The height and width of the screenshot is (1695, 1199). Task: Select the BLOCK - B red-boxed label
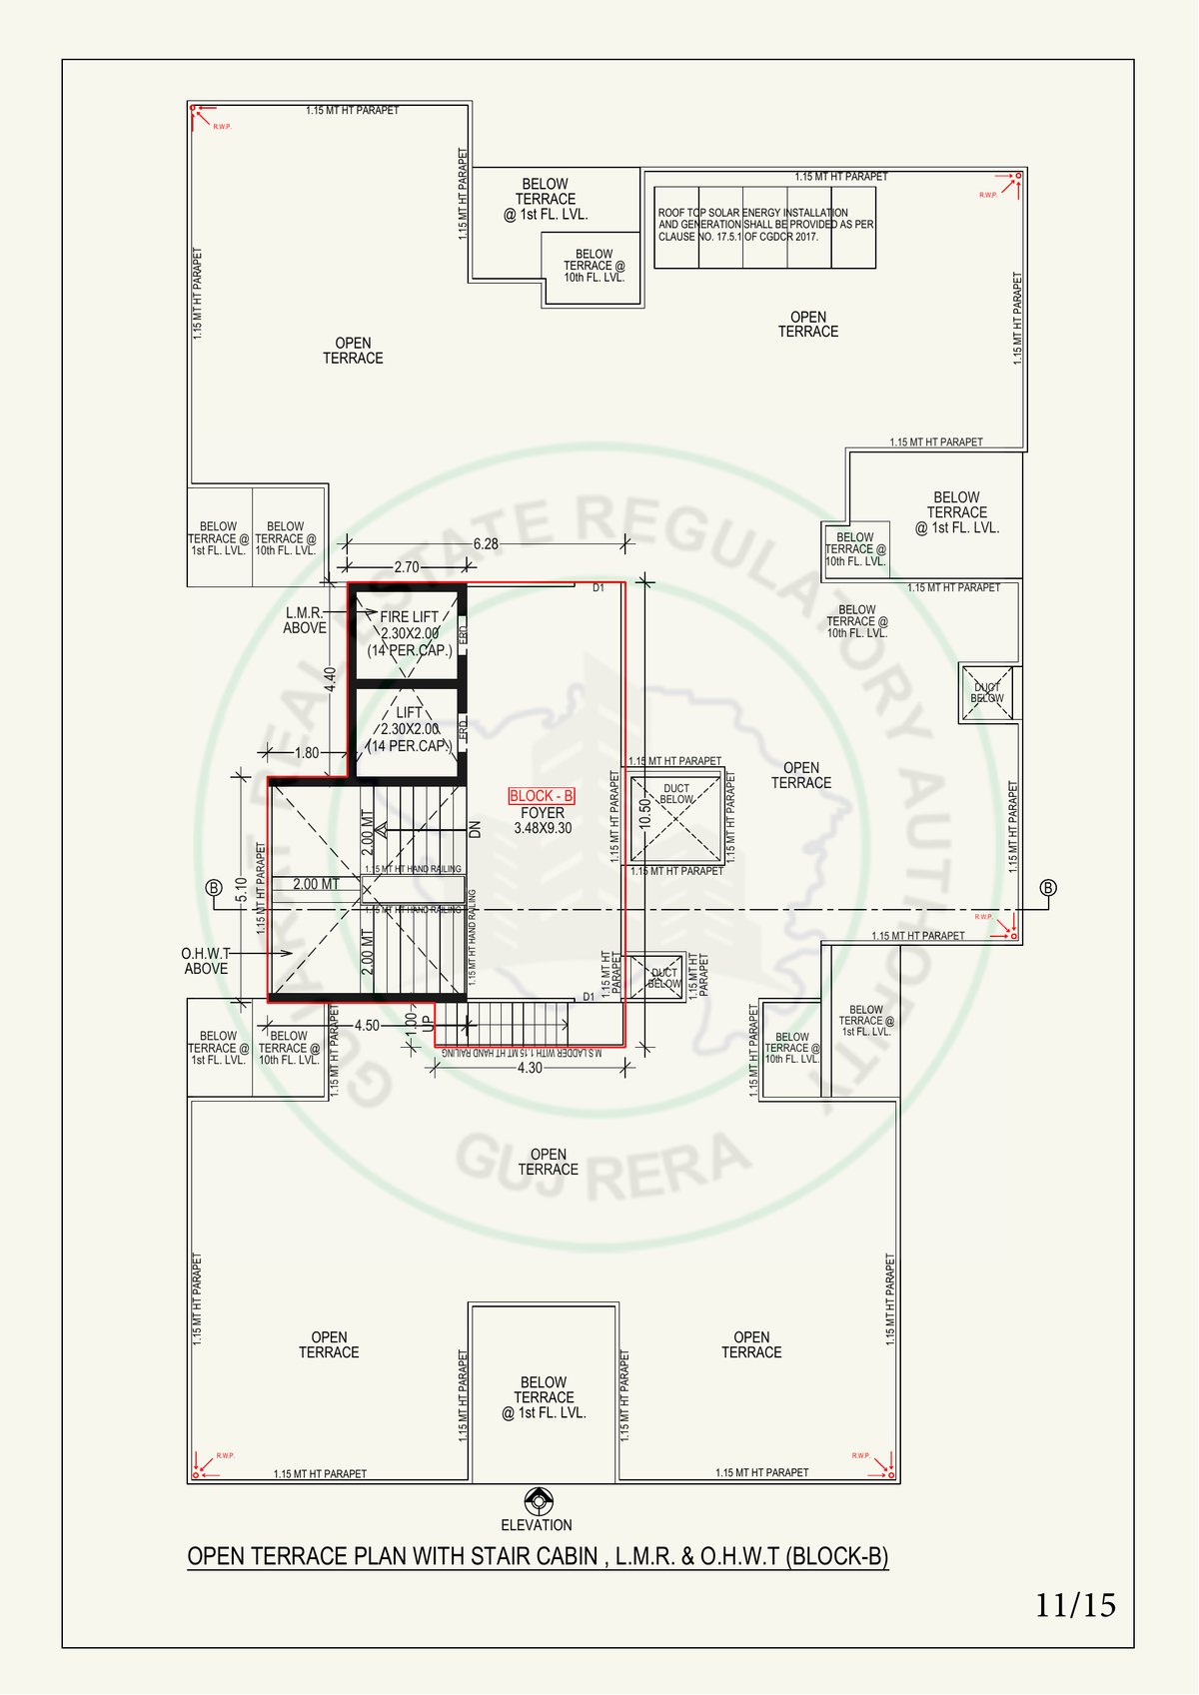click(542, 796)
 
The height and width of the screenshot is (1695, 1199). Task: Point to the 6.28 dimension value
click(486, 544)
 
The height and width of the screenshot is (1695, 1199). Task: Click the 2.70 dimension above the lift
click(407, 567)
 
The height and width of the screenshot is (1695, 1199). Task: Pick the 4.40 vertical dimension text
click(331, 679)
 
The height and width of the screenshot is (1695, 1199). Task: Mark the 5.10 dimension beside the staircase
click(241, 889)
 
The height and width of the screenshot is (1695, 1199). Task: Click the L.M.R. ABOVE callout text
click(304, 620)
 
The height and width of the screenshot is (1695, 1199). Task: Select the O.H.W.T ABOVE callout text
click(206, 961)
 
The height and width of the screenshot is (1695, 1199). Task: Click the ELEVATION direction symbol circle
click(538, 1501)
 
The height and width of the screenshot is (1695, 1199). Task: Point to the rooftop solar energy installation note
click(765, 225)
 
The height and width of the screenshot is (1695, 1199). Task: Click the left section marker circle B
click(213, 888)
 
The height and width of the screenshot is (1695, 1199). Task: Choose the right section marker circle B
click(1048, 888)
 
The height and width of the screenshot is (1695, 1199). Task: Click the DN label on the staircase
click(476, 829)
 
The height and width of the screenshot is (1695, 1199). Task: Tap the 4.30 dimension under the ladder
click(530, 1068)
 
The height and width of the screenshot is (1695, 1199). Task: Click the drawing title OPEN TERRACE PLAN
click(538, 1556)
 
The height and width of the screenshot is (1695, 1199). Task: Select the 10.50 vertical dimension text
click(645, 813)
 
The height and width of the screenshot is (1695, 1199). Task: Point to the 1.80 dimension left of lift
click(307, 753)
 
